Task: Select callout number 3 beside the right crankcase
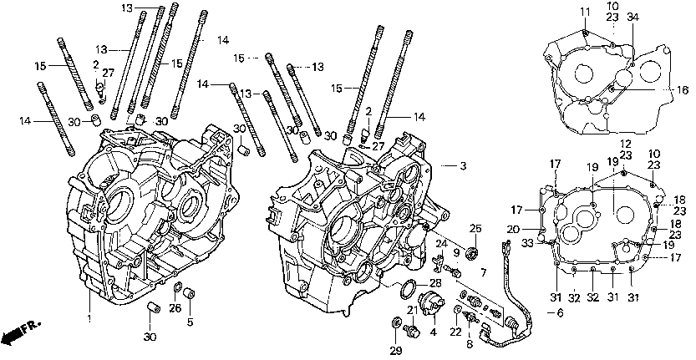click(x=462, y=166)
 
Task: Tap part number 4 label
click(x=434, y=332)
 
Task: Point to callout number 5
click(x=190, y=322)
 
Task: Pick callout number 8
click(x=469, y=342)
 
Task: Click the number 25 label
click(x=475, y=228)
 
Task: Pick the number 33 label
click(x=528, y=244)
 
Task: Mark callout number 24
click(x=438, y=243)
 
